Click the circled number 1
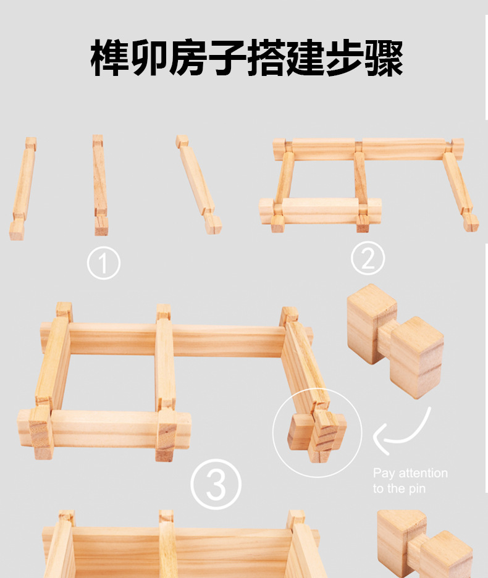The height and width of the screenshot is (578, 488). pos(104,263)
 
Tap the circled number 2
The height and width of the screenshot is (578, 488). pos(368,258)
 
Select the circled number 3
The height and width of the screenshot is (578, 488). pos(216,484)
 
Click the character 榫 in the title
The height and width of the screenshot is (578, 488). pos(109,58)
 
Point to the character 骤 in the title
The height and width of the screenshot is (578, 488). pos(384,58)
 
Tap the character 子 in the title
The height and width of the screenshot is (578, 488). pos(227,58)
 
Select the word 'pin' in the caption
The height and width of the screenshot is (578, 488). pos(417,489)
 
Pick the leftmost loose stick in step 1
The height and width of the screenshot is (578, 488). pos(23,189)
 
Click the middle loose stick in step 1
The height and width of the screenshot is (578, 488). pos(100,185)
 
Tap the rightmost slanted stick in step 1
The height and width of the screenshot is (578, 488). pos(198,184)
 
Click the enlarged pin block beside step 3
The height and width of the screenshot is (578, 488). pos(395,341)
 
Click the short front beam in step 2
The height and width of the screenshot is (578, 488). pos(320,211)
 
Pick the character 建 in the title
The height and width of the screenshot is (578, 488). pos(305,58)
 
